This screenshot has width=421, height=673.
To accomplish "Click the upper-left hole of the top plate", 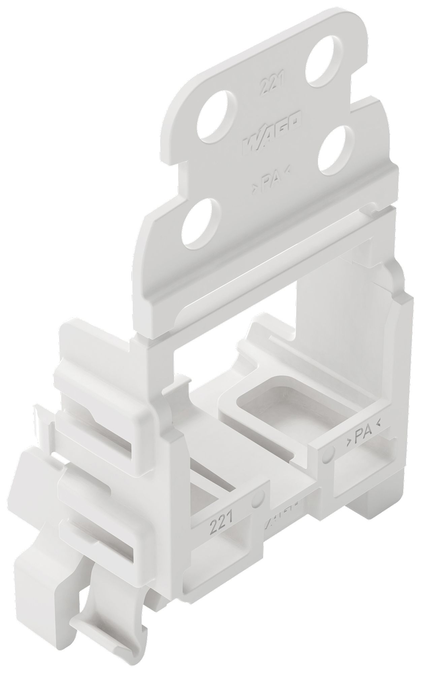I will [218, 117].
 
